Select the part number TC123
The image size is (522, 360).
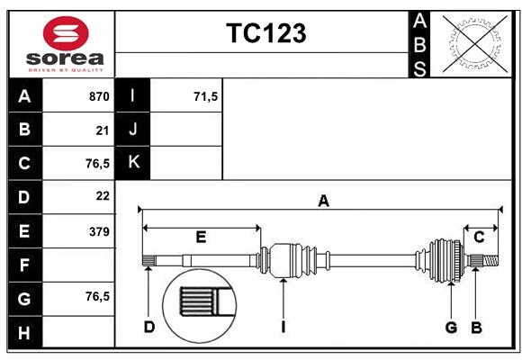[x=265, y=33]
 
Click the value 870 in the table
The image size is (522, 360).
[x=98, y=96]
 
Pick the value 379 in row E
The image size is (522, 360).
[x=98, y=231]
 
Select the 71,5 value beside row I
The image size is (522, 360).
[x=205, y=96]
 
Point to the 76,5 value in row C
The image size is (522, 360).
[x=97, y=164]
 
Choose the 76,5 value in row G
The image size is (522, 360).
[x=97, y=296]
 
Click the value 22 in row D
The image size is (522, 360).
[x=102, y=195]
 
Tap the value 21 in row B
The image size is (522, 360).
[x=102, y=130]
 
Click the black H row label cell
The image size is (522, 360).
[x=24, y=334]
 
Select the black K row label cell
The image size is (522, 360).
[x=133, y=163]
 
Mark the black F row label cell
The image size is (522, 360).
[x=24, y=265]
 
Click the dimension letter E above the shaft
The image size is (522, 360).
[x=201, y=238]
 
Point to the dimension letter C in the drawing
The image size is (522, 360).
[x=480, y=237]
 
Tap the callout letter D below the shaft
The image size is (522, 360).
[x=148, y=327]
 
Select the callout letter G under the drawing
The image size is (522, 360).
[x=452, y=327]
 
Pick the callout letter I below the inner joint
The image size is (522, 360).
[x=283, y=327]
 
